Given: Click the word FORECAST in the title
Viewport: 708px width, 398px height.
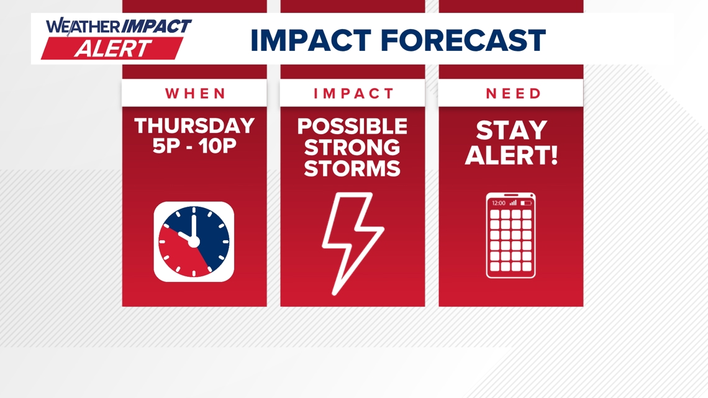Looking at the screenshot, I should click(463, 41).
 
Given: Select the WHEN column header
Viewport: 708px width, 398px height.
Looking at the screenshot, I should click(195, 94).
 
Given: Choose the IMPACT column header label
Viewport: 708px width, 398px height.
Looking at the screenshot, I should click(353, 94).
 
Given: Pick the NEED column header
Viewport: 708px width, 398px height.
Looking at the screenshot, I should click(513, 94).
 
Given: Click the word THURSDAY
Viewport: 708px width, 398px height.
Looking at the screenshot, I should click(194, 126).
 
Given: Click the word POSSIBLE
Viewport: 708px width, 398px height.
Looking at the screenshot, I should click(352, 127).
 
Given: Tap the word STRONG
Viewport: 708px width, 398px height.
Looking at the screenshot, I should click(352, 148).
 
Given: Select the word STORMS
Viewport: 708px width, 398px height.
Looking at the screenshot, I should click(352, 168).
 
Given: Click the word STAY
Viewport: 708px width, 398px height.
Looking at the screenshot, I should click(511, 131).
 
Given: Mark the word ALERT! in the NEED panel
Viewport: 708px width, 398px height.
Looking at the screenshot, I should click(511, 156).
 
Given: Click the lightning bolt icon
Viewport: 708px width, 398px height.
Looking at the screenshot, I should click(352, 243).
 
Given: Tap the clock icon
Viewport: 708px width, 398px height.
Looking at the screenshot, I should click(194, 242).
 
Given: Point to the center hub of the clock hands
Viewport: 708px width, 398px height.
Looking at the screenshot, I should click(194, 241).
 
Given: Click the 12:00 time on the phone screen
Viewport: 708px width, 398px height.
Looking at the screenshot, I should click(498, 203).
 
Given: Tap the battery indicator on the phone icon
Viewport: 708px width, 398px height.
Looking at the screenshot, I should click(526, 203).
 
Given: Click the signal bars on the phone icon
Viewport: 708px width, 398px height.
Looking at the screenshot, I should click(513, 203).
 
